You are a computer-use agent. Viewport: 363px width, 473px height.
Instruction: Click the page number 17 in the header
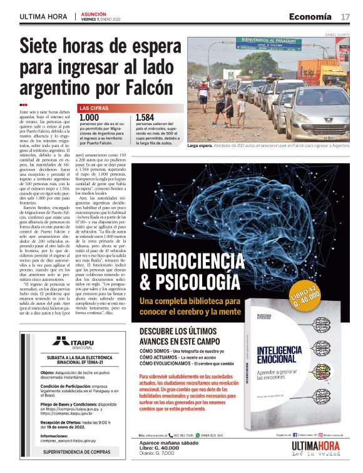(345, 16)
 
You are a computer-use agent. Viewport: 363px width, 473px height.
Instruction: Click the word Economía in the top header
(310, 16)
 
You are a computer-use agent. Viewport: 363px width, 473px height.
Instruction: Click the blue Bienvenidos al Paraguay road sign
(268, 43)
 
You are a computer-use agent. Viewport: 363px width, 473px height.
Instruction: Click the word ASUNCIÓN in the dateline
(92, 13)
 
